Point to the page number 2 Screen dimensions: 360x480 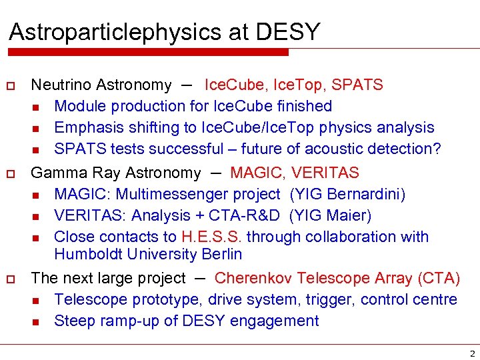[x=472, y=353]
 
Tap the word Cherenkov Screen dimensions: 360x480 [x=253, y=278]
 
